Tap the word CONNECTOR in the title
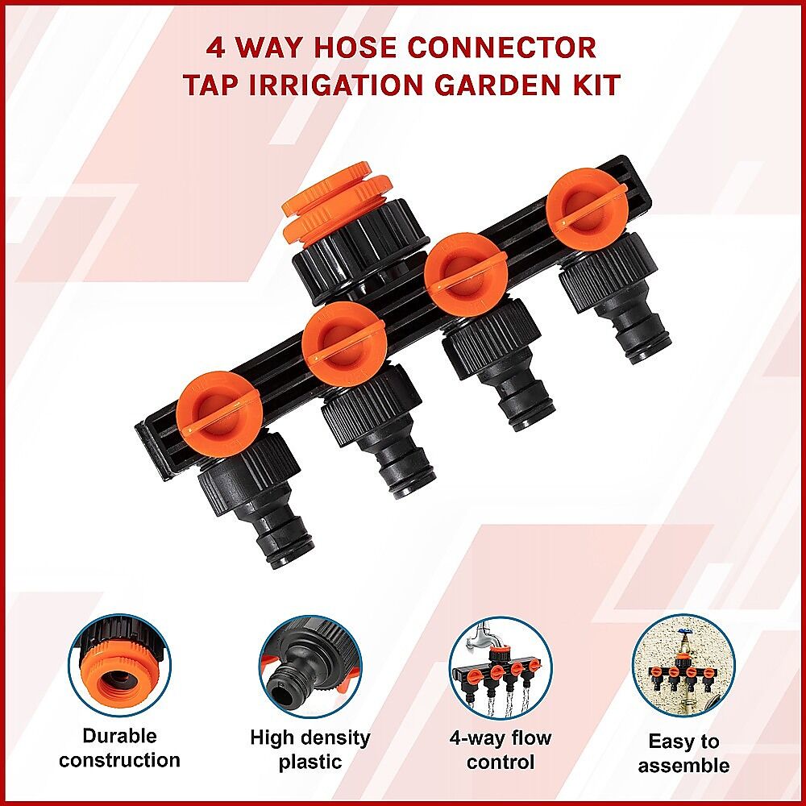pyautogui.click(x=503, y=48)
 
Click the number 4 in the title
pyautogui.click(x=216, y=48)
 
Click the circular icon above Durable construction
pyautogui.click(x=120, y=667)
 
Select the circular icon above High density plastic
pyautogui.click(x=310, y=667)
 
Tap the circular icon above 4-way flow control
pyautogui.click(x=501, y=667)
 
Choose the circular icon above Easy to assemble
pyautogui.click(x=683, y=667)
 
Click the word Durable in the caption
pyautogui.click(x=120, y=736)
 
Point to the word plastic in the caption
pyautogui.click(x=310, y=762)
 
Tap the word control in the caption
pyautogui.click(x=501, y=762)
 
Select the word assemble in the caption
pyautogui.click(x=683, y=766)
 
